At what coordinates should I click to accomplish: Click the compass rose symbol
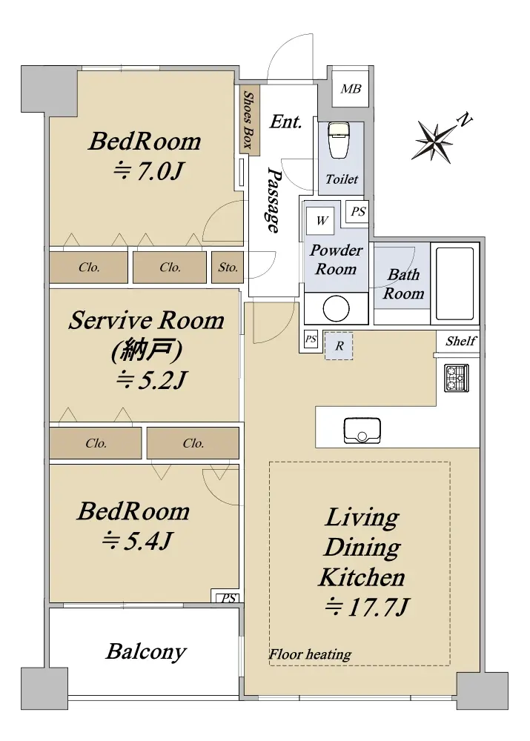(x=433, y=140)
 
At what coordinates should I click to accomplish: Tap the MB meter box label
(x=351, y=88)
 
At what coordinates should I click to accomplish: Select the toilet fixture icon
(x=338, y=140)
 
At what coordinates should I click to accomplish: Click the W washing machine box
(x=322, y=220)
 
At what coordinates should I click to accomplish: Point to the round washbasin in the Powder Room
(x=336, y=308)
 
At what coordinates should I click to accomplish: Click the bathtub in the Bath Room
(x=455, y=284)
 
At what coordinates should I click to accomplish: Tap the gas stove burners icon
(x=457, y=378)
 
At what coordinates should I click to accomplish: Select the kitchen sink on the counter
(x=362, y=431)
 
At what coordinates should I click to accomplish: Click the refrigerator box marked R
(x=339, y=346)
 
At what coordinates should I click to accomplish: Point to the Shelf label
(x=461, y=341)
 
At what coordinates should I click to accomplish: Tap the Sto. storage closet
(x=228, y=268)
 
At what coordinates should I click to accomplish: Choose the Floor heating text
(x=310, y=654)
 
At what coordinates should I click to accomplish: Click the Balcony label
(x=146, y=651)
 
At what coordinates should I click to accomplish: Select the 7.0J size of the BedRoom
(x=148, y=171)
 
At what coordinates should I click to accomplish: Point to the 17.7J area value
(x=366, y=608)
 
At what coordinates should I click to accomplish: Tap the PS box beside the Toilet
(x=358, y=212)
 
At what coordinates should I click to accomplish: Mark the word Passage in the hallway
(x=274, y=199)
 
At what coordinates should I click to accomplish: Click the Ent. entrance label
(x=285, y=122)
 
